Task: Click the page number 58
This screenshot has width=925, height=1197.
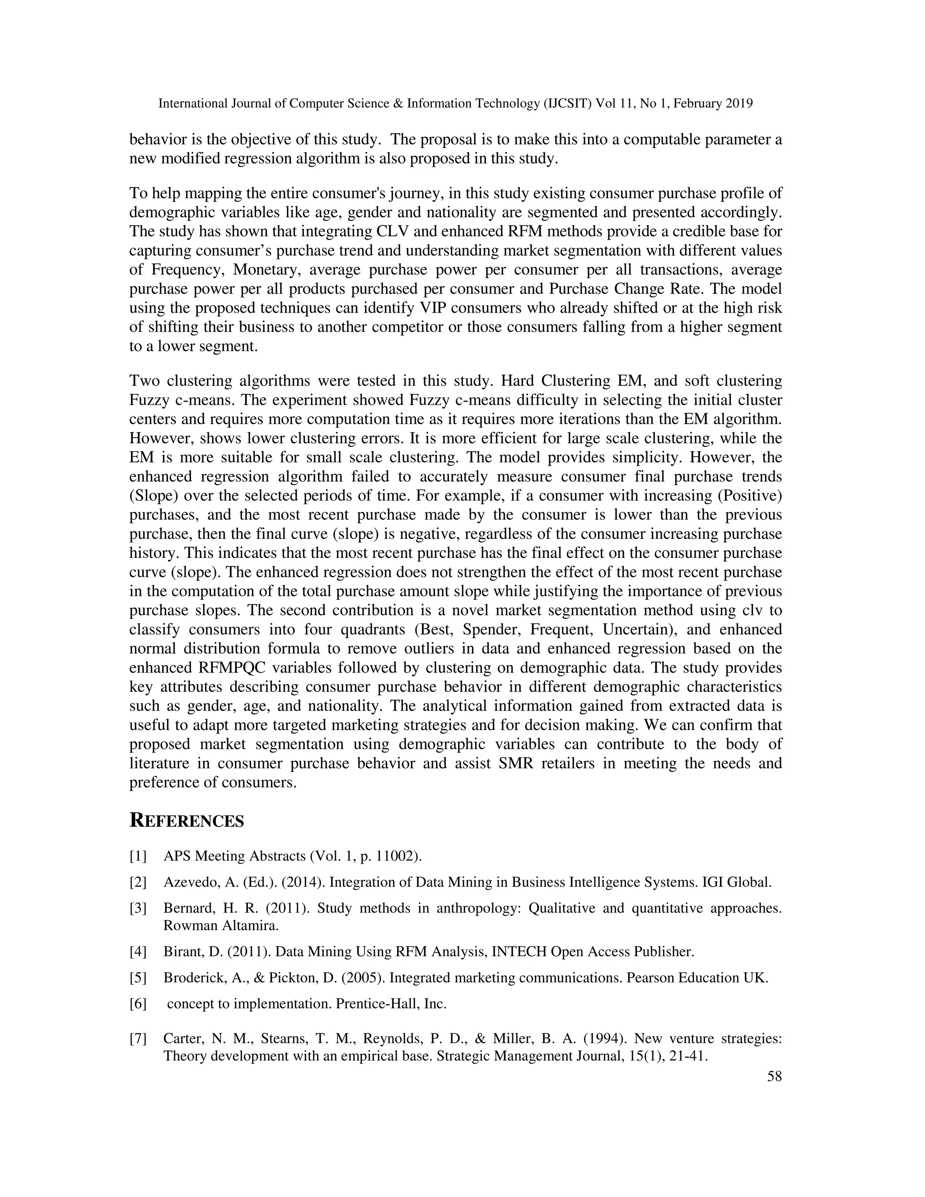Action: point(774,1076)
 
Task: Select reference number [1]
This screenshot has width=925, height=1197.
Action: point(138,856)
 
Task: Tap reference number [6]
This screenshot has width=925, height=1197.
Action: point(138,1004)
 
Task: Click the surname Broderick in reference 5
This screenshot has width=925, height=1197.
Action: point(190,978)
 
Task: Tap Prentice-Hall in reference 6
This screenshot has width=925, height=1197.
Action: point(378,1004)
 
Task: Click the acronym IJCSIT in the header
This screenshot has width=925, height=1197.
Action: point(568,103)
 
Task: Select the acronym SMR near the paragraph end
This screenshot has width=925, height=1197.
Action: point(516,763)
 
